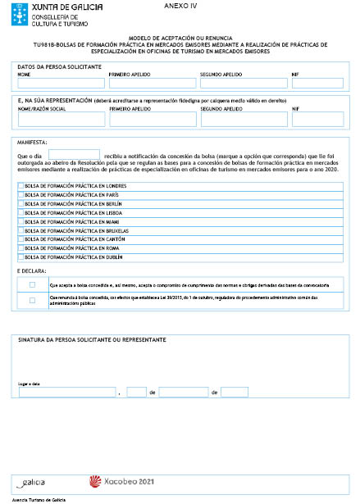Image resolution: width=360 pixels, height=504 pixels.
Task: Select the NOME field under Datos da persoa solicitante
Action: (x=60, y=83)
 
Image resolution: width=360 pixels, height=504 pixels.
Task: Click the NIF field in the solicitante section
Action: (x=317, y=83)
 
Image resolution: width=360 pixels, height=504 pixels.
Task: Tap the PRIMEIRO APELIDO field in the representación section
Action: (x=152, y=119)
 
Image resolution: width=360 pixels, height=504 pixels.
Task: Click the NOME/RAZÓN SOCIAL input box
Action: (x=60, y=119)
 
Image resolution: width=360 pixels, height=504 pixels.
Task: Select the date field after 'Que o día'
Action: (x=74, y=154)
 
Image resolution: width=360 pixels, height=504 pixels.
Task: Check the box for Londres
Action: (x=21, y=187)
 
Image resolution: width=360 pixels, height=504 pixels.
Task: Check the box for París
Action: (x=21, y=195)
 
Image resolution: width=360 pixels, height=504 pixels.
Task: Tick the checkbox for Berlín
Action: (x=21, y=204)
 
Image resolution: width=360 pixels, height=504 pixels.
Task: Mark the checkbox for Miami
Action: (x=21, y=221)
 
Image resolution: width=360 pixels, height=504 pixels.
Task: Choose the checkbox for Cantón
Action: (x=21, y=239)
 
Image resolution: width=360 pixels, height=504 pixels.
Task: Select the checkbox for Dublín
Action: (x=21, y=257)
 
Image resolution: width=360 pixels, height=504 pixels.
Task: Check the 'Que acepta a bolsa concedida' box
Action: (x=32, y=284)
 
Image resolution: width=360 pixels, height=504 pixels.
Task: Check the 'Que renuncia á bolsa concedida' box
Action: (x=32, y=300)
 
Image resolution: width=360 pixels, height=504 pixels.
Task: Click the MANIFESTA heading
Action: (x=32, y=140)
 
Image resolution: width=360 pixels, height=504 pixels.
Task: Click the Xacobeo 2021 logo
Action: (x=121, y=482)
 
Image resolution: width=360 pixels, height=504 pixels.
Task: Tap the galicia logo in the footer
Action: (x=31, y=483)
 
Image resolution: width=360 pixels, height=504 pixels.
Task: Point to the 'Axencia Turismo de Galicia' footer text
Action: (x=42, y=498)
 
